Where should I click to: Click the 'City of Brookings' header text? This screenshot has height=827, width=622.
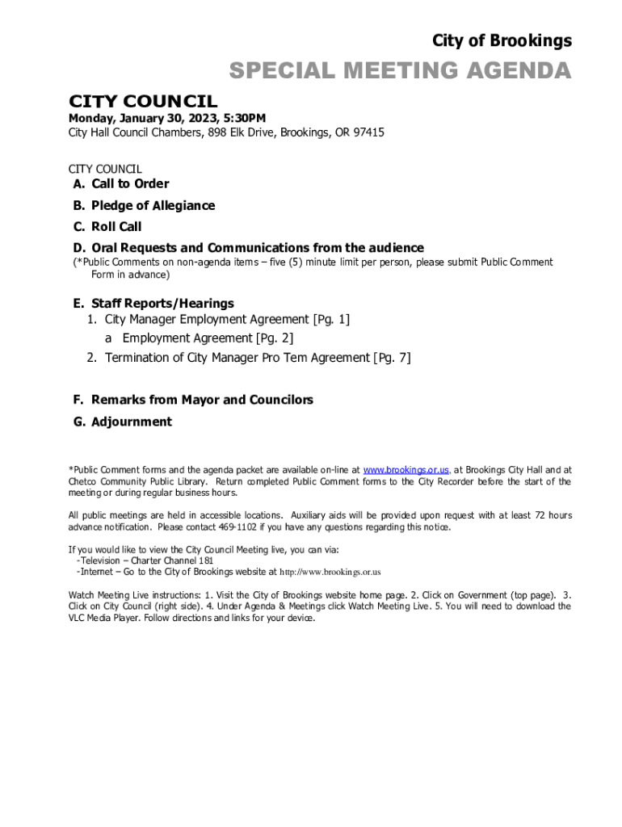pyautogui.click(x=502, y=41)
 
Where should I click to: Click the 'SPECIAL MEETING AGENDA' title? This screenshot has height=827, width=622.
pyautogui.click(x=400, y=72)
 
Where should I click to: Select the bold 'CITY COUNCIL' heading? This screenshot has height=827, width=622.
pyautogui.click(x=143, y=101)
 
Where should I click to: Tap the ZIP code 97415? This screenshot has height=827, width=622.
pyautogui.click(x=368, y=132)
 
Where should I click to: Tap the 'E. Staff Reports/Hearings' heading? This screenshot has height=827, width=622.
pyautogui.click(x=153, y=304)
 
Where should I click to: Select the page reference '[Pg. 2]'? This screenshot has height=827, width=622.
pyautogui.click(x=275, y=338)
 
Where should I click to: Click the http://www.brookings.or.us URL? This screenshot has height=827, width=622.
pyautogui.click(x=330, y=572)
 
